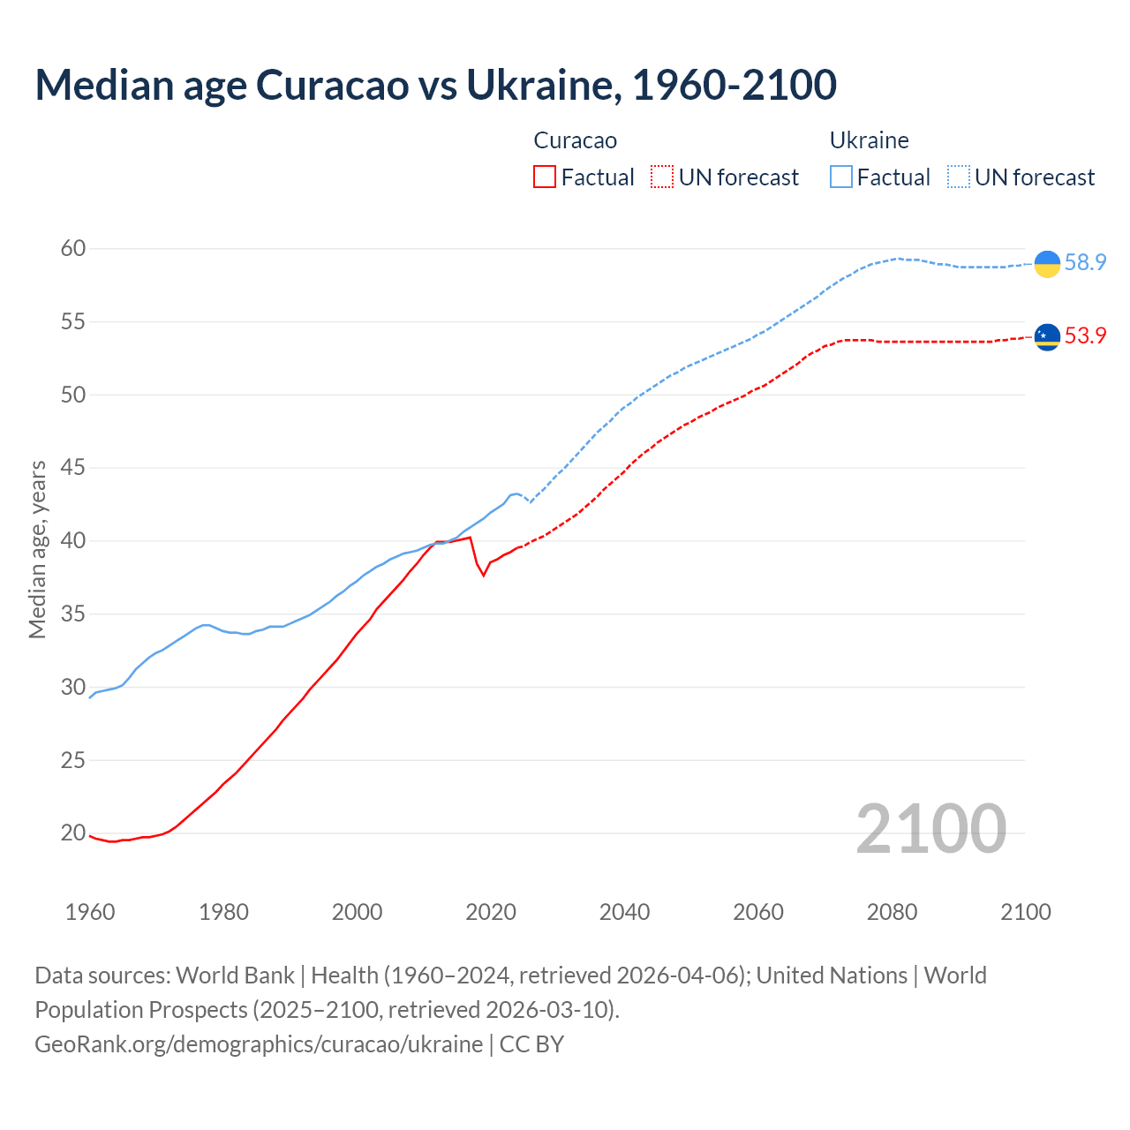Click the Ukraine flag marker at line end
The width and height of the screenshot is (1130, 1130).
tap(1047, 263)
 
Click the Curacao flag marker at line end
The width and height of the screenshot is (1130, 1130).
tap(1047, 336)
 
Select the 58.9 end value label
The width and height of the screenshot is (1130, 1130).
tap(1085, 263)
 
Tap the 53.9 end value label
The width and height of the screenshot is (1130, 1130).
tap(1085, 336)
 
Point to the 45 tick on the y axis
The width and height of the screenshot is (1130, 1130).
tap(73, 468)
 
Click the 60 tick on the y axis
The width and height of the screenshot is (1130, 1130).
tap(73, 249)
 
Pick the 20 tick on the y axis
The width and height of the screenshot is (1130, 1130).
tap(73, 833)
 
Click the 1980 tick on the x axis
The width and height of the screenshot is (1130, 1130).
tap(223, 912)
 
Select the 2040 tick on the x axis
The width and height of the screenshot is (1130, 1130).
tap(624, 912)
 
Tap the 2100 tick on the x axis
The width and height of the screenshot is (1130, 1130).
tap(1025, 912)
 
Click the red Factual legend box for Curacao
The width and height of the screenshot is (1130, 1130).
tap(545, 177)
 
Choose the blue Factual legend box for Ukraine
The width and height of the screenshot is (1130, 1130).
tap(840, 177)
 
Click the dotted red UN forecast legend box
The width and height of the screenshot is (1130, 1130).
tap(662, 177)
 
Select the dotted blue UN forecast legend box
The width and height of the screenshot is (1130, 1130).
tap(958, 177)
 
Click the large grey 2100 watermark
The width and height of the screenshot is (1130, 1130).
tap(930, 829)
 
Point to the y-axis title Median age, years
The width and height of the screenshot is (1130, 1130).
tap(37, 549)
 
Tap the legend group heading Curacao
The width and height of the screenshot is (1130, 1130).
tap(575, 140)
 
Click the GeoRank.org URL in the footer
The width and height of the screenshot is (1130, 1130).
tap(259, 1044)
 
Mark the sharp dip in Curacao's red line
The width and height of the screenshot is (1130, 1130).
tap(483, 575)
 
